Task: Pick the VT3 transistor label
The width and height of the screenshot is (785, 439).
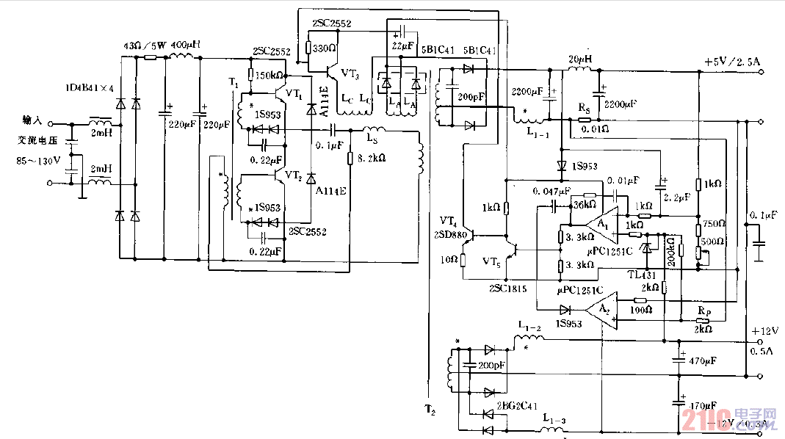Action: click(351, 75)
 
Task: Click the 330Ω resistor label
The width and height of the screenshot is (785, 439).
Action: click(325, 48)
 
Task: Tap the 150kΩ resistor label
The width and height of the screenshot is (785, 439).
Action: click(270, 75)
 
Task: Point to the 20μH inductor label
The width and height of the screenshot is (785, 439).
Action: click(580, 58)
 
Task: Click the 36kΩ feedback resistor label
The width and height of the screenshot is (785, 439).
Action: click(585, 205)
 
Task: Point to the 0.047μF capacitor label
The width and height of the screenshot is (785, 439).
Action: click(552, 191)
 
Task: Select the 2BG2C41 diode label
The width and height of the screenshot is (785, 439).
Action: click(518, 404)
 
